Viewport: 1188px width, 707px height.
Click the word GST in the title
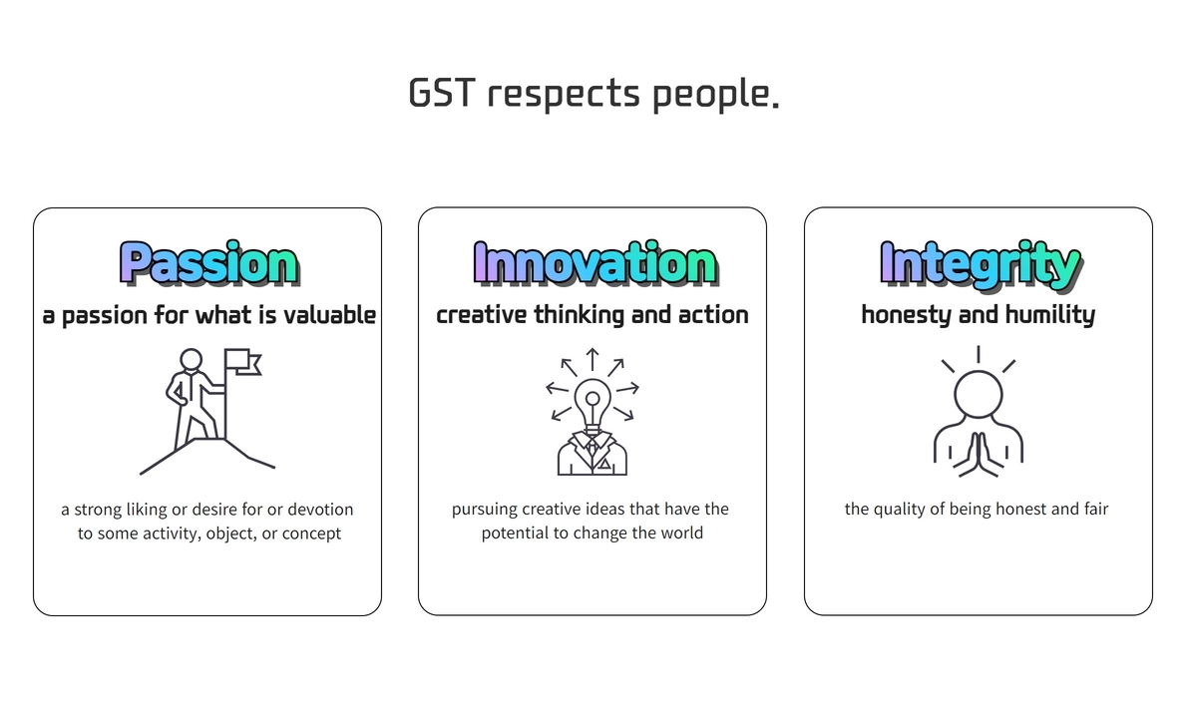coord(442,93)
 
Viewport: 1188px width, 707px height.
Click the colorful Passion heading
coord(209,263)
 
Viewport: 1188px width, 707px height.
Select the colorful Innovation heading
coord(595,263)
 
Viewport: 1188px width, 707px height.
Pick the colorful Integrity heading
coord(982,265)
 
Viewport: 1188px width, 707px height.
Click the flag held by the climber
coord(243,361)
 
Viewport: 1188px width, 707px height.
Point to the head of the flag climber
coord(191,360)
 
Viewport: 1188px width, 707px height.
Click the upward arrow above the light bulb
coord(593,359)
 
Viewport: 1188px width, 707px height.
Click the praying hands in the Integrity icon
coord(979,454)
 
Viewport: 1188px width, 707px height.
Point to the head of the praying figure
coord(979,395)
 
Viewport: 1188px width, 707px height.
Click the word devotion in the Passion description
coord(320,510)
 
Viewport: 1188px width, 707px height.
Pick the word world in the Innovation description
coord(681,532)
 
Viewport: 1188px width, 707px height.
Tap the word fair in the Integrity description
coord(1096,509)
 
